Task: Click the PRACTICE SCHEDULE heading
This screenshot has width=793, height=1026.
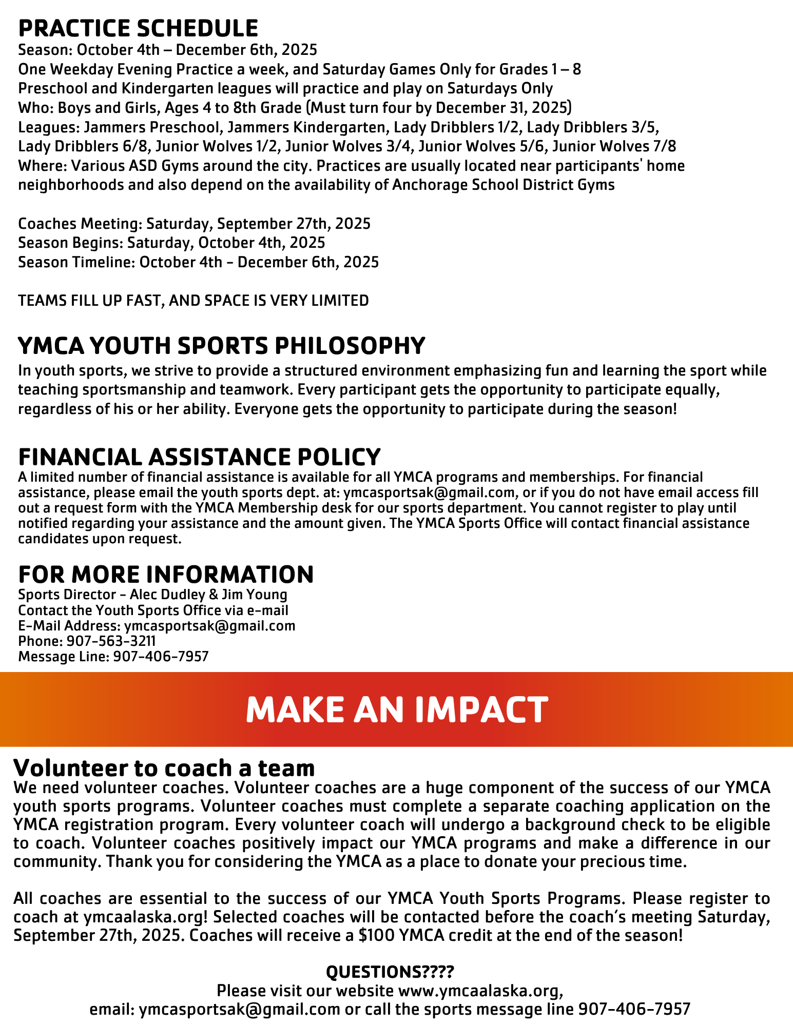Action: point(138,28)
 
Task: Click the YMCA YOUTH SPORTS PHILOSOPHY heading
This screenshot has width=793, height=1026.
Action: point(221,346)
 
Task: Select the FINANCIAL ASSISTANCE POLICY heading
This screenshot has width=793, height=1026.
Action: point(199,457)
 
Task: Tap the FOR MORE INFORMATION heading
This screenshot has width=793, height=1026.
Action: point(165,574)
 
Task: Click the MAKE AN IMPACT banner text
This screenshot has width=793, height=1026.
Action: point(396,709)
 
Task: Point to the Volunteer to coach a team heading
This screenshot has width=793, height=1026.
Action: point(164,768)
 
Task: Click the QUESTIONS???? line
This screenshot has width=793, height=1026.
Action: point(390,972)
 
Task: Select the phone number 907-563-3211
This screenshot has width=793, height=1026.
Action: point(111,641)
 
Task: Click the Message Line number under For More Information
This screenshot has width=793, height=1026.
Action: point(161,657)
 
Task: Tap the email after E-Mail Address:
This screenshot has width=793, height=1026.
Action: point(209,626)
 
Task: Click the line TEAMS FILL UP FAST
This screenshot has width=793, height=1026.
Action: point(193,301)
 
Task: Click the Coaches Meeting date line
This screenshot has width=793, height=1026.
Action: point(194,224)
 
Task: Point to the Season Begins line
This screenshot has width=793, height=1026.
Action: point(171,243)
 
